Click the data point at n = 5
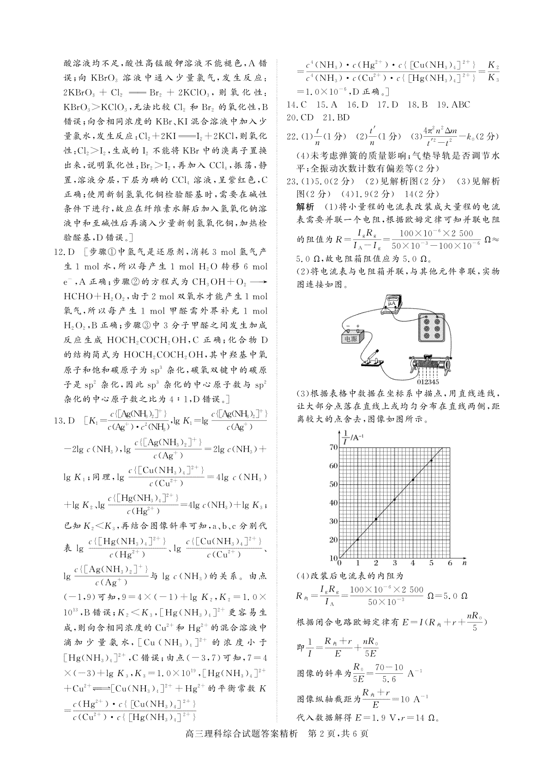click(431, 460)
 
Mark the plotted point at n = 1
click(358, 539)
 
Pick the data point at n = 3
click(394, 500)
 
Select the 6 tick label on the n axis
click(450, 563)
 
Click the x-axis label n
click(464, 563)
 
